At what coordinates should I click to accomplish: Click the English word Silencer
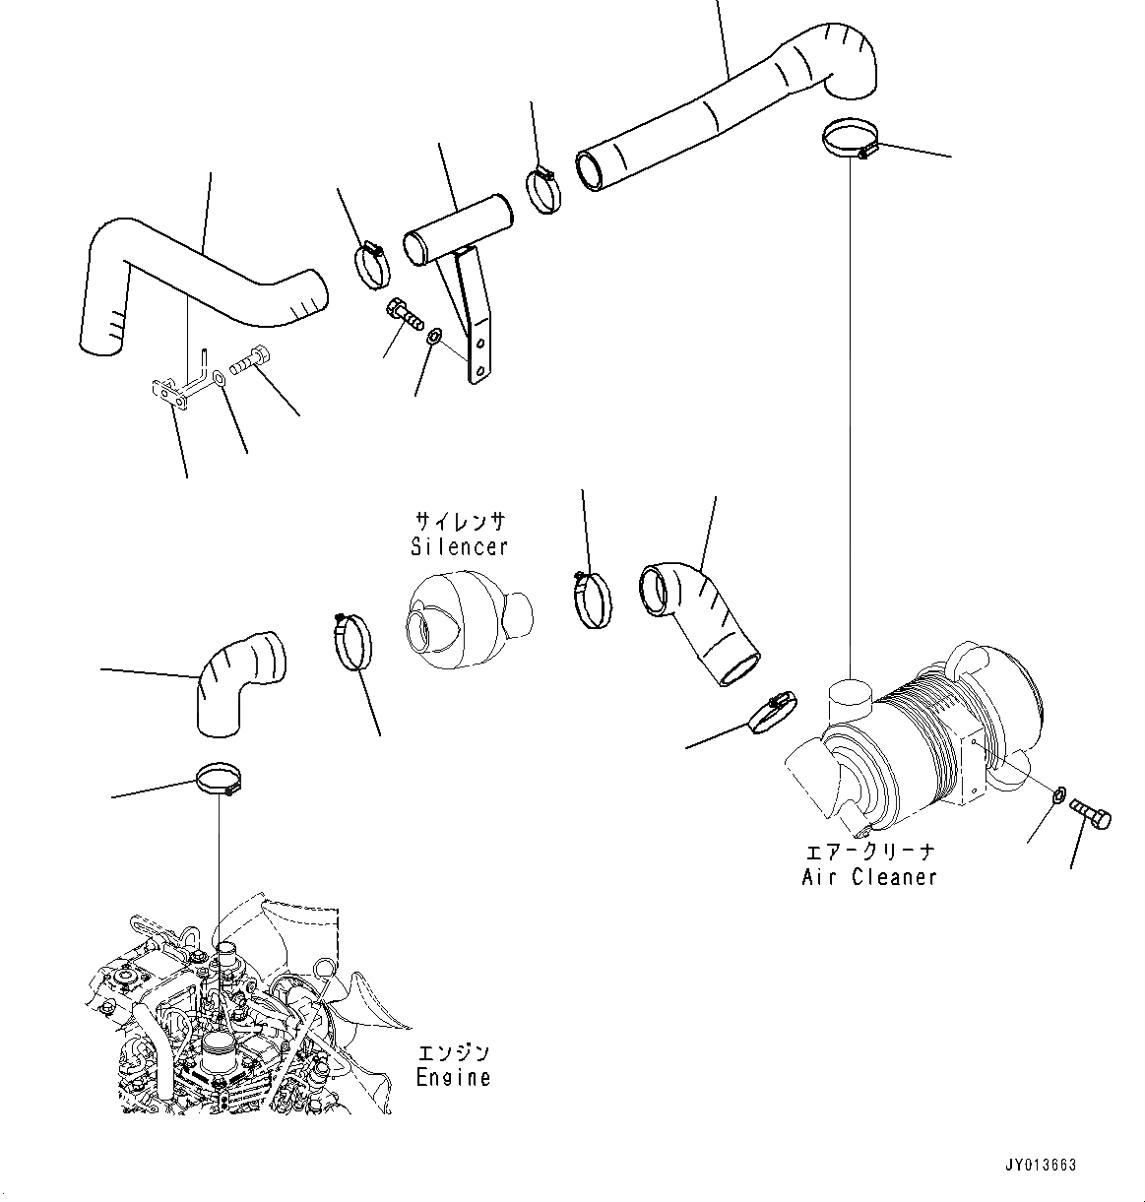pyautogui.click(x=459, y=545)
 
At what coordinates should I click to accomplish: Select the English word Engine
pyautogui.click(x=452, y=1077)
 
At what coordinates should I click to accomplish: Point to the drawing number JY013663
pyautogui.click(x=1041, y=1165)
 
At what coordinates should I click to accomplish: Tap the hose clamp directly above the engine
pyautogui.click(x=219, y=779)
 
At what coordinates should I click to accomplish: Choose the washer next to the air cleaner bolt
pyautogui.click(x=1057, y=795)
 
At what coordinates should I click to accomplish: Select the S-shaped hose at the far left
pyautogui.click(x=197, y=280)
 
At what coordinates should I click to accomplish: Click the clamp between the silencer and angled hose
pyautogui.click(x=591, y=599)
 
